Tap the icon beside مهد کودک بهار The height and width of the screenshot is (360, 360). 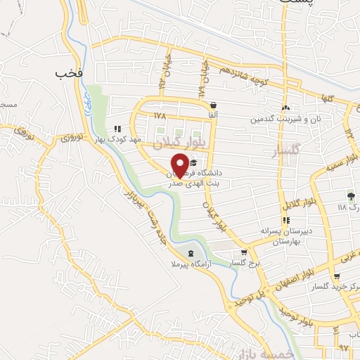tap(117, 129)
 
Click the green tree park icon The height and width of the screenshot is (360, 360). tap(350, 196)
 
